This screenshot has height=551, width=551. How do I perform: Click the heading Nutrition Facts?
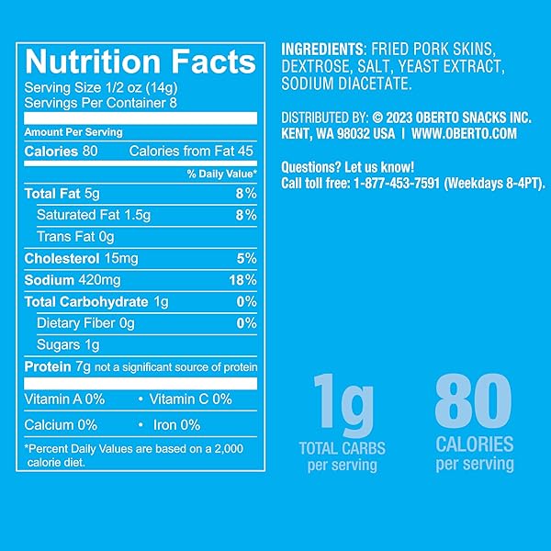point(141,62)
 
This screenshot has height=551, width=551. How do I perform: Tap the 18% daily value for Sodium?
point(242,280)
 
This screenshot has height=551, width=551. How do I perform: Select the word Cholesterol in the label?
point(62,259)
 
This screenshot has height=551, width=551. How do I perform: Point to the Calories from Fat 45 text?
point(191,152)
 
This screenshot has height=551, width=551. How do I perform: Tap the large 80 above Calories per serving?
point(473,400)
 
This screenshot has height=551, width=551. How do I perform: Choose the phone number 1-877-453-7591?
point(397,183)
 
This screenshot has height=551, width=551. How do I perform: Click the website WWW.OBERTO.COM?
point(464,133)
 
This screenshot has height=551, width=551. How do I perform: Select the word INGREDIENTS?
point(322,49)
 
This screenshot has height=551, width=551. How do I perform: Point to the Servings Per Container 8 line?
point(100,103)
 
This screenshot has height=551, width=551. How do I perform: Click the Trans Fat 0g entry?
point(75,237)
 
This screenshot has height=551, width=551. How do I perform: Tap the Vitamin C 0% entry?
point(190,399)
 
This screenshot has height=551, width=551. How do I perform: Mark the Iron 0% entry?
point(176,425)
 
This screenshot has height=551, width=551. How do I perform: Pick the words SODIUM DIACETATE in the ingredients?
point(346,84)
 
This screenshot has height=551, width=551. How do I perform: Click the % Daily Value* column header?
point(221,174)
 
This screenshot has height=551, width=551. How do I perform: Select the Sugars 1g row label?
point(68,345)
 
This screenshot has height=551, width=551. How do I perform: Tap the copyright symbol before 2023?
point(377,118)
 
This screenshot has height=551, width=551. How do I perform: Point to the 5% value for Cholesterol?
point(246,259)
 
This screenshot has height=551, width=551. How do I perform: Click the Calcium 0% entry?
point(61,425)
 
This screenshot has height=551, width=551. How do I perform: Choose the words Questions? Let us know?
point(347,167)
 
